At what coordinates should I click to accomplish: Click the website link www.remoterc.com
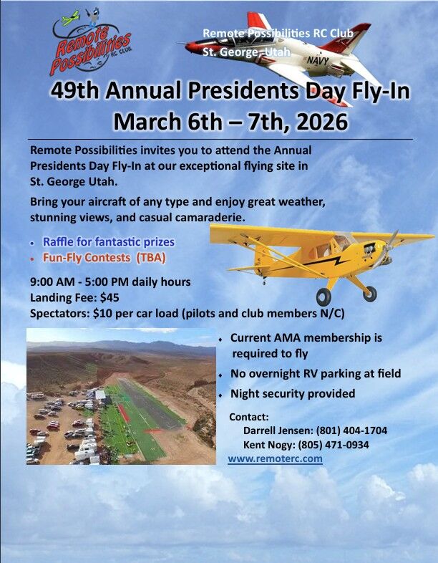[275, 458]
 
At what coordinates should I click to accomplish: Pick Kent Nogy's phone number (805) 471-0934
[344, 445]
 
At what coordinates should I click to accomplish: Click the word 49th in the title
[78, 91]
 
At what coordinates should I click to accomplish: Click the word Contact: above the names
[249, 417]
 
